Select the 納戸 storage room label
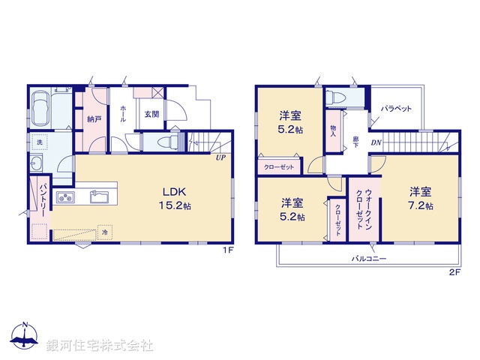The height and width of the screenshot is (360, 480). [93, 118]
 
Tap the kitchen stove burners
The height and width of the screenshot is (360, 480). [64, 198]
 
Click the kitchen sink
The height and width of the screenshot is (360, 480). [99, 197]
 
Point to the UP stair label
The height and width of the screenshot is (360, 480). [220, 158]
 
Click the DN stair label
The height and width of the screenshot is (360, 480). [376, 142]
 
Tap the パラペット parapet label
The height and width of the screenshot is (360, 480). [395, 109]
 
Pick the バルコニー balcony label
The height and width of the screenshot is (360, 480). [369, 257]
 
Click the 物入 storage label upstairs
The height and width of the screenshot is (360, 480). [333, 130]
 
